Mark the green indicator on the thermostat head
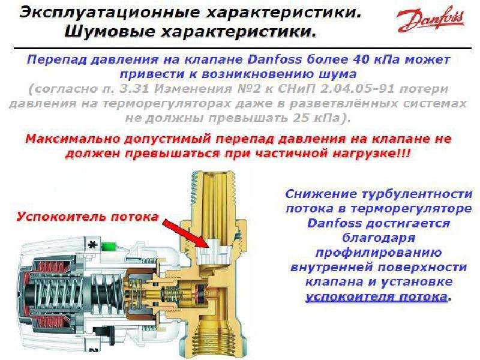(x=109, y=244)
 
